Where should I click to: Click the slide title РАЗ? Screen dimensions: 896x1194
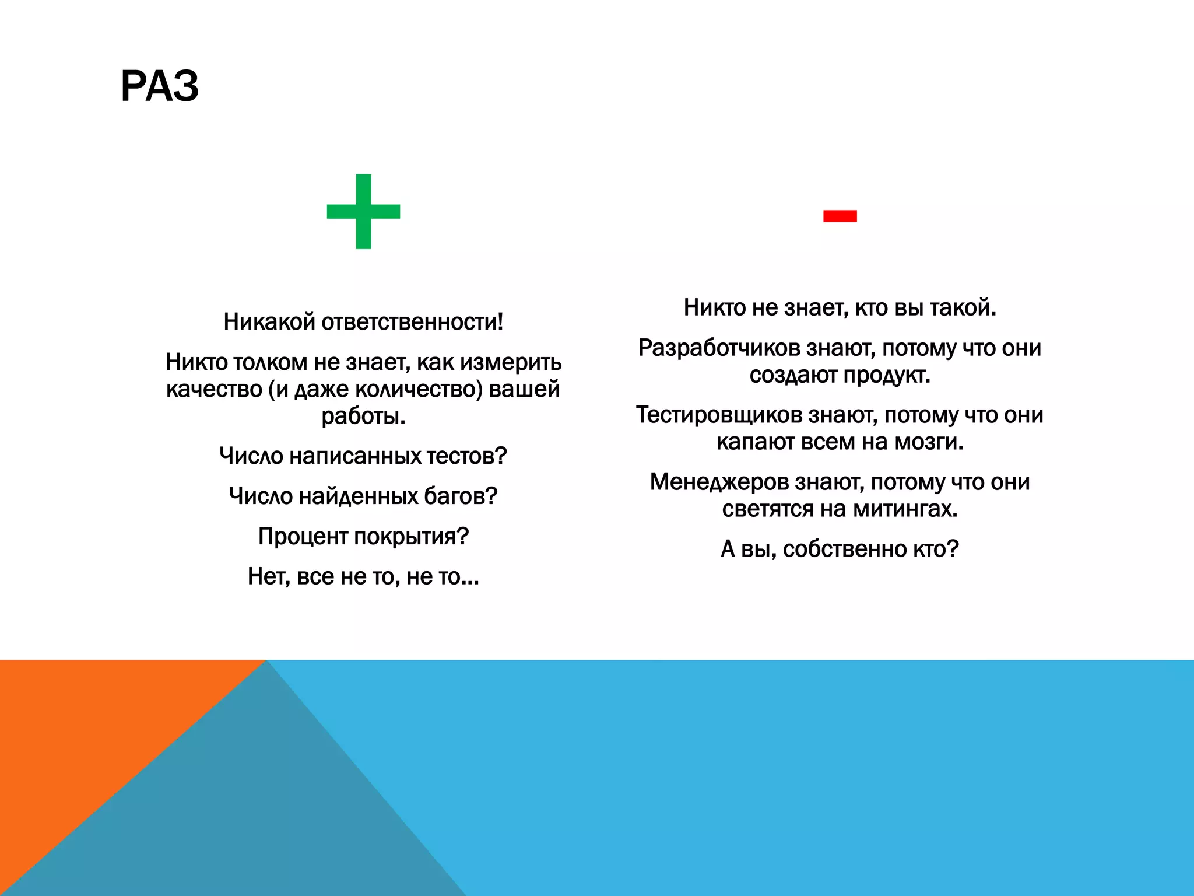coord(159,86)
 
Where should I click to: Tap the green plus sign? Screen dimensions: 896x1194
coord(363,211)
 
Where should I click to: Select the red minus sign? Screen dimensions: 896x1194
coord(840,216)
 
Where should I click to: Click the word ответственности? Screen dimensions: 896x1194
coord(412,322)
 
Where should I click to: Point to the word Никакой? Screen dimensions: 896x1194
coord(269,322)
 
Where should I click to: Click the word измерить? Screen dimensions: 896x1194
coord(511,362)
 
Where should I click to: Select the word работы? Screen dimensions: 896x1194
coord(363,416)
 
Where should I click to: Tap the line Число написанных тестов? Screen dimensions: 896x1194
coord(363,456)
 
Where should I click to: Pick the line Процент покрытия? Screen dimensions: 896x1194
coord(363,536)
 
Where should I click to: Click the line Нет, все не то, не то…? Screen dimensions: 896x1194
coord(363,576)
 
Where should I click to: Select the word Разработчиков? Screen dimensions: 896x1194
coord(719,348)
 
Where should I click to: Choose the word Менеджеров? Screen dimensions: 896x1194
coord(719,482)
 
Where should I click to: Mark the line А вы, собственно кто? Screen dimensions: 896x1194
coord(840,549)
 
